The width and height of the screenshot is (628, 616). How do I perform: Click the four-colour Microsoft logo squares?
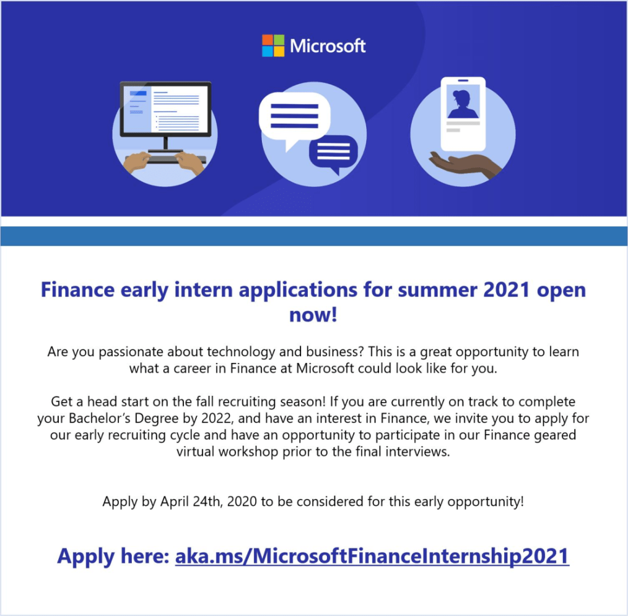273,45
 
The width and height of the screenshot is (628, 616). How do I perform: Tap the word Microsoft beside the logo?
327,46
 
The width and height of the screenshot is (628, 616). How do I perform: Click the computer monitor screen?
166,109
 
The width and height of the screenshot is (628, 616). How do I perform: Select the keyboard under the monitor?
165,159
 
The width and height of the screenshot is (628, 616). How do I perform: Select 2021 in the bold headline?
507,289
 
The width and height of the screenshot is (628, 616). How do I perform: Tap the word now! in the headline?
313,314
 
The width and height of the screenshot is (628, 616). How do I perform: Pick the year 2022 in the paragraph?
216,418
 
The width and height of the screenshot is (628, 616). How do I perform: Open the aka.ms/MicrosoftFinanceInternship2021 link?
372,556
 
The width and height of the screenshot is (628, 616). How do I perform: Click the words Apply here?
113,557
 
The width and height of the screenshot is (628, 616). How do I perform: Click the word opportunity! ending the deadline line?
486,502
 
